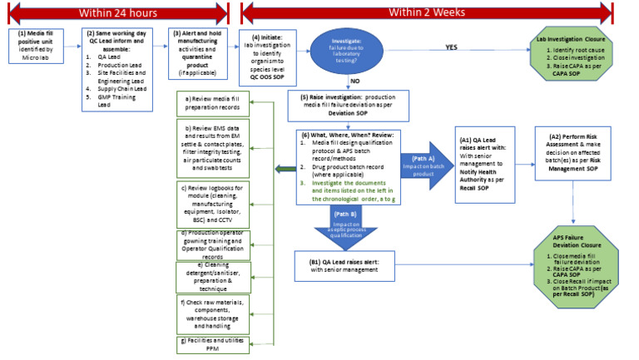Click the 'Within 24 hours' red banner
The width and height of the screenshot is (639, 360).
pos(116,12)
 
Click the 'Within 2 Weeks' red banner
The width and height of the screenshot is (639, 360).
pos(438,12)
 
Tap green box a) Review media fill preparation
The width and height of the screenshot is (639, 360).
pos(213,104)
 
